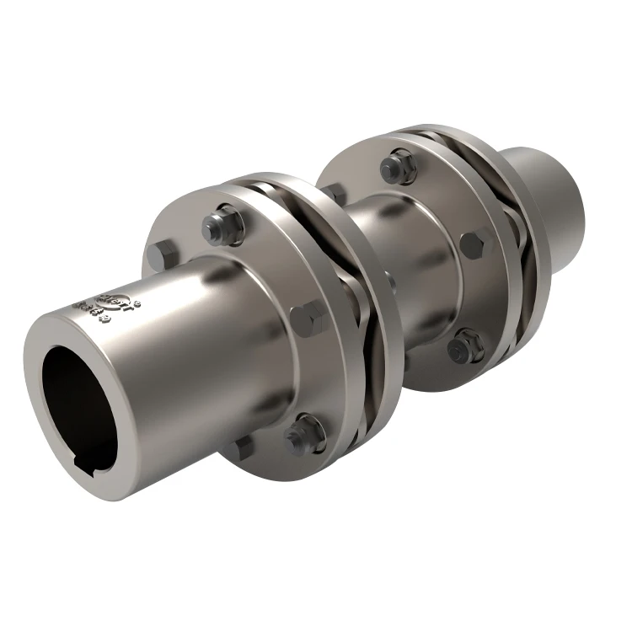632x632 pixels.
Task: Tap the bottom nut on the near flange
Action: click(304, 434)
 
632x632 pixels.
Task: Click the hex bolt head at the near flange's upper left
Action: click(162, 254)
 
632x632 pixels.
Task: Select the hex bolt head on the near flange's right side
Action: click(308, 320)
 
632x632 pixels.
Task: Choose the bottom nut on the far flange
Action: click(466, 345)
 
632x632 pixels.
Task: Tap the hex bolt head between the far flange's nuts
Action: click(474, 245)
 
